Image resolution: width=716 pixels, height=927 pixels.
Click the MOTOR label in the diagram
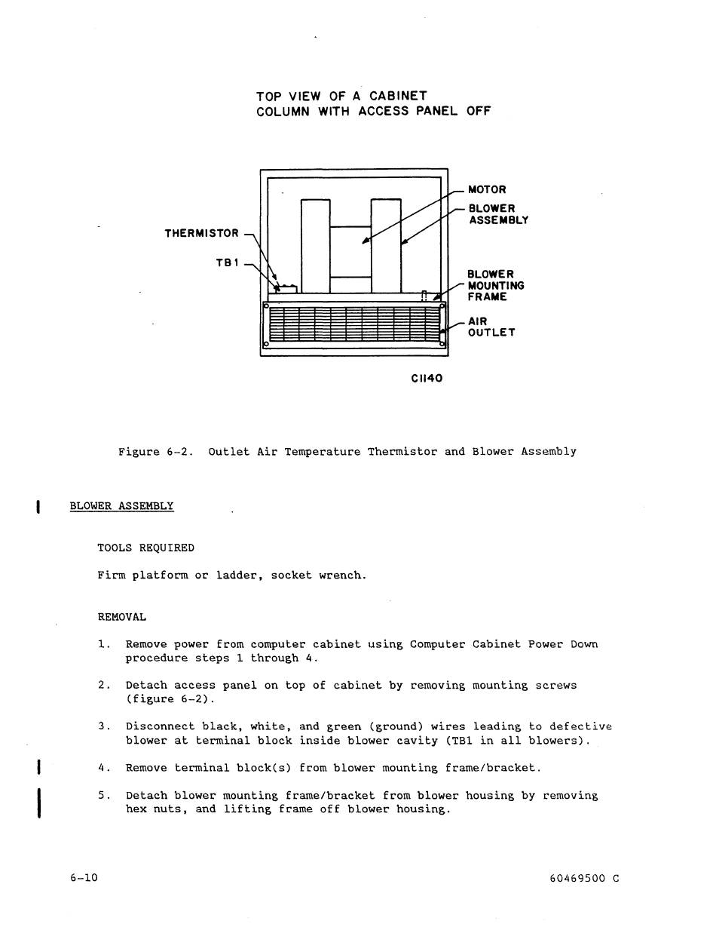tap(487, 189)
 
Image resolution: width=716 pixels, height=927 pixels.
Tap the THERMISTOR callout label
tap(201, 234)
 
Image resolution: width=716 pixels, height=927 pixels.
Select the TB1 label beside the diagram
tap(227, 262)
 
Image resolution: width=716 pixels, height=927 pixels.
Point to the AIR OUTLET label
tap(491, 327)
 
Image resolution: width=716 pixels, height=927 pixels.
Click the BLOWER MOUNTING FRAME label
tap(495, 286)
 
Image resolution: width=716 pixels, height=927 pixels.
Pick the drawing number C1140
tap(426, 378)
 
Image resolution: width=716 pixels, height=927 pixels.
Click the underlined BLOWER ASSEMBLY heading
tap(121, 506)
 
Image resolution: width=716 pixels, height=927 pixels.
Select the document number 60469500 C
tap(585, 878)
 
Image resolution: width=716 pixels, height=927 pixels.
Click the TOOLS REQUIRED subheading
tap(145, 548)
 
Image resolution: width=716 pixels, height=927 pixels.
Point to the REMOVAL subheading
tap(121, 617)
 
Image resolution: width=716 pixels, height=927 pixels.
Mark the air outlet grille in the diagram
tap(353, 324)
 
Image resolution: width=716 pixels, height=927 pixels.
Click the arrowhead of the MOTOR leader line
tap(365, 241)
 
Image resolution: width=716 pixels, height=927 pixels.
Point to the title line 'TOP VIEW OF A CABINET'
tap(341, 96)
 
